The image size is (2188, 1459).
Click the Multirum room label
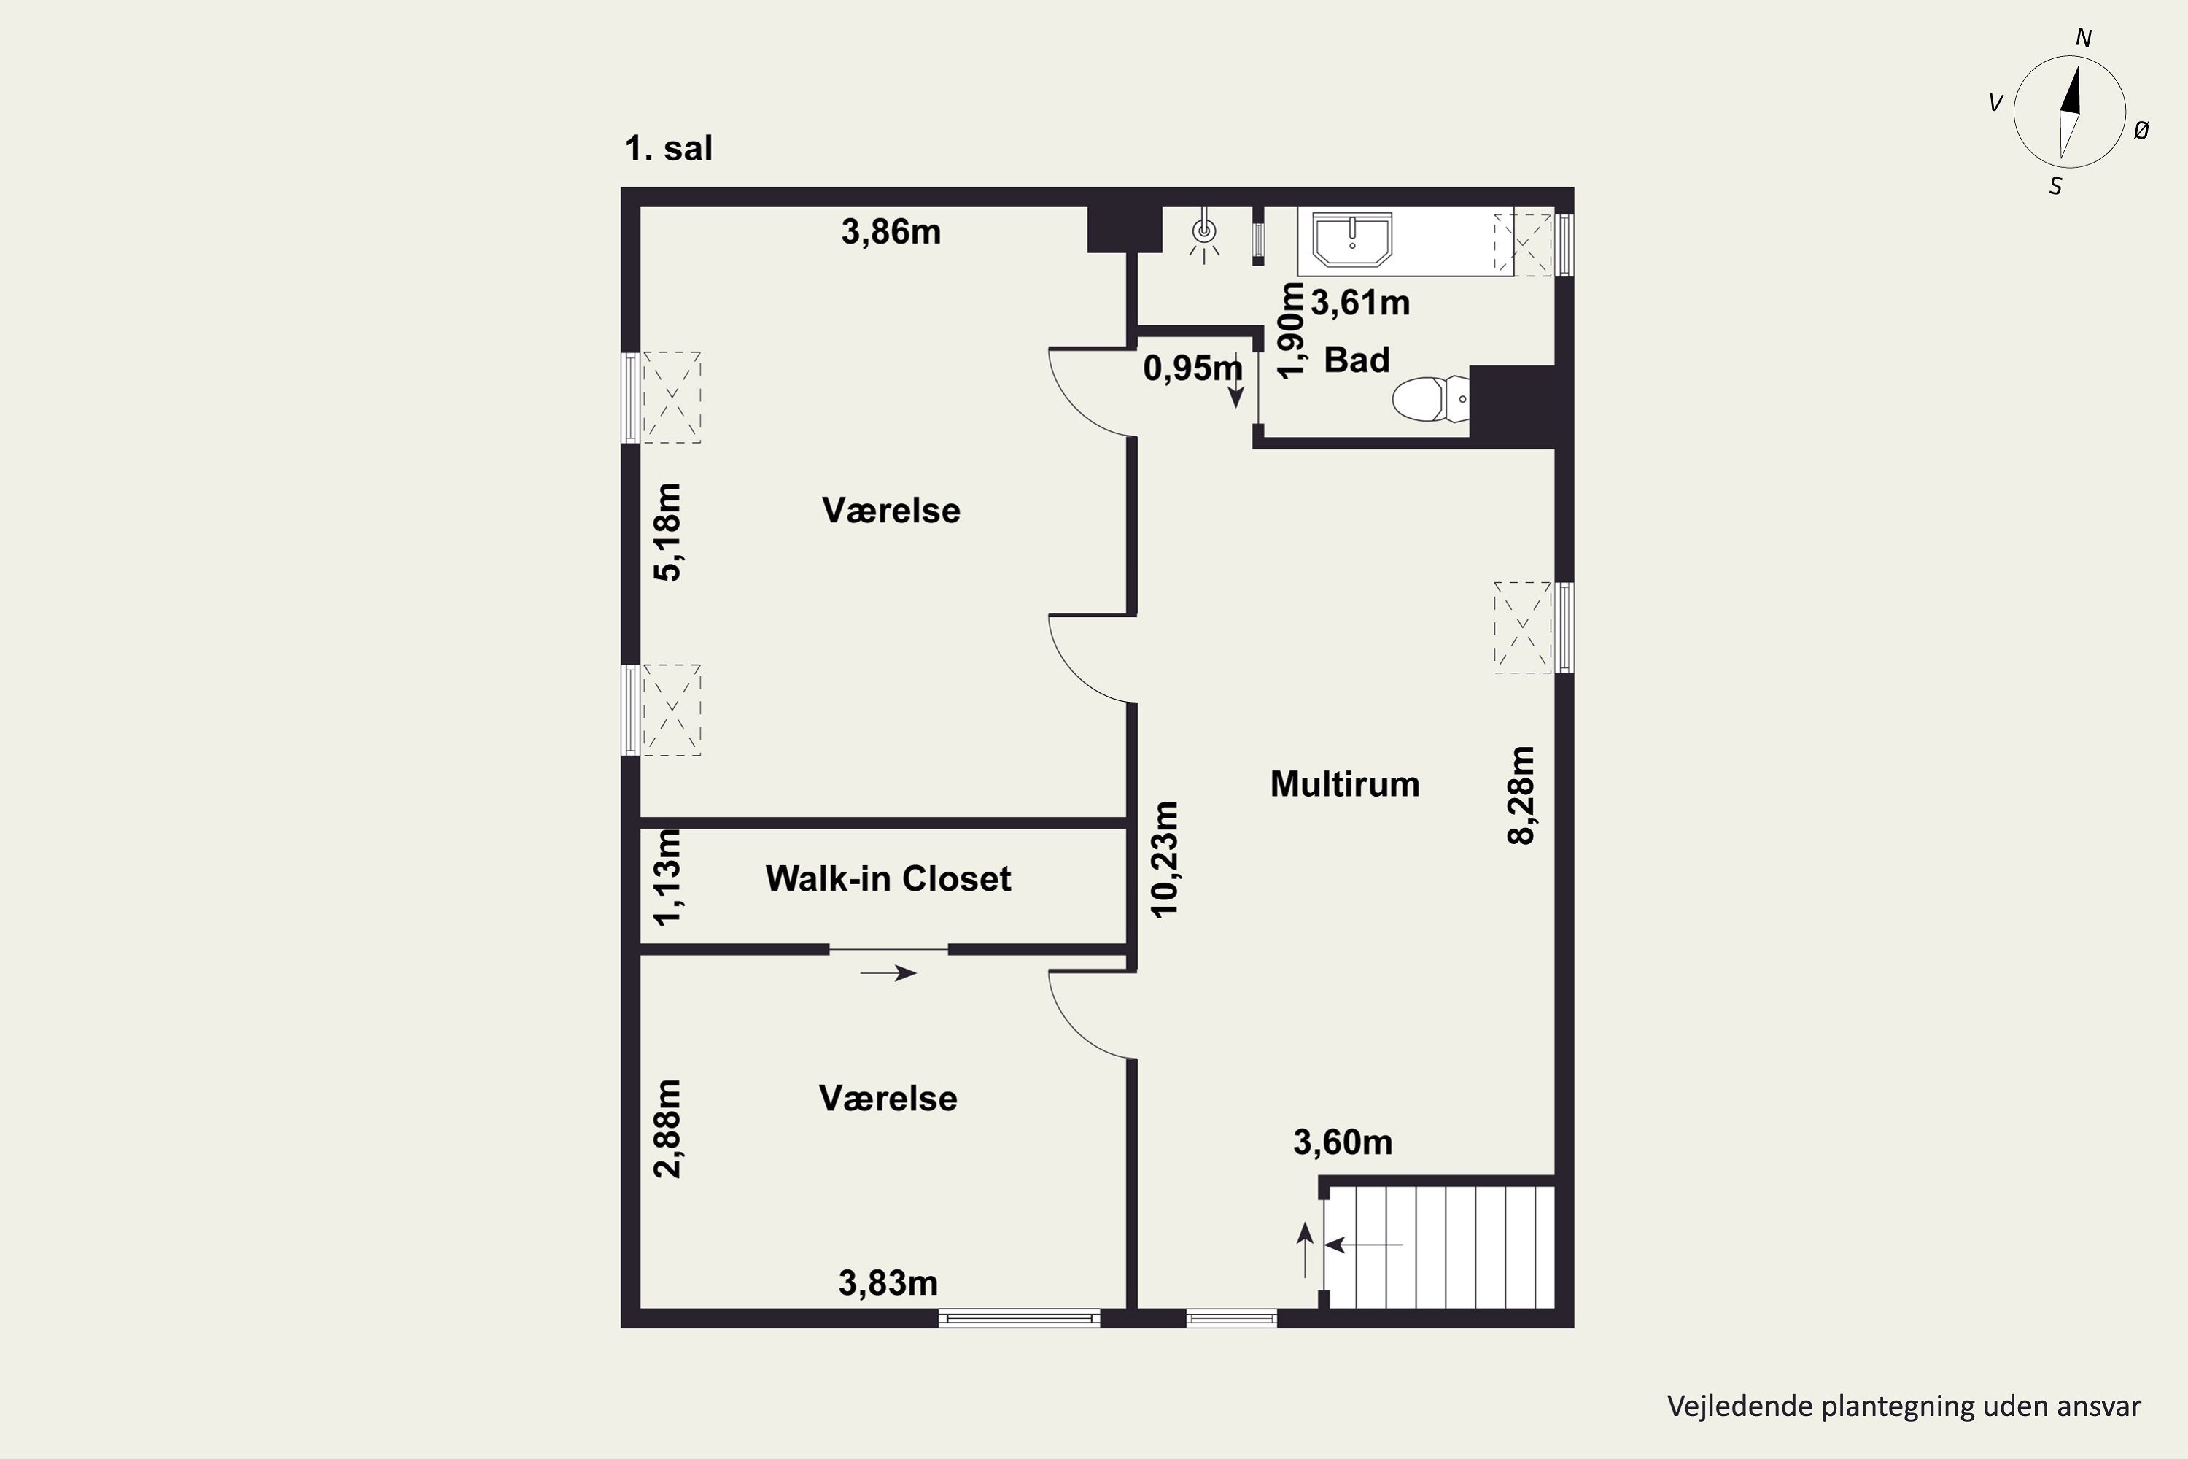(x=1344, y=784)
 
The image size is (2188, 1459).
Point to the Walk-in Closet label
(x=888, y=878)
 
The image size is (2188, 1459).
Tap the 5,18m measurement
(x=668, y=533)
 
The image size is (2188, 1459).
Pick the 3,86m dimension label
(x=891, y=232)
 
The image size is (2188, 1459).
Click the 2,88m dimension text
(x=668, y=1129)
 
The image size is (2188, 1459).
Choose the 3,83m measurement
(x=888, y=1284)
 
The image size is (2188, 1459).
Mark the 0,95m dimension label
(x=1192, y=369)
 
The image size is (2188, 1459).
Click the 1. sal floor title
(x=669, y=149)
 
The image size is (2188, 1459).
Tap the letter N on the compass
(x=2083, y=38)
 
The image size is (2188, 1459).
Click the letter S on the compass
(x=2056, y=187)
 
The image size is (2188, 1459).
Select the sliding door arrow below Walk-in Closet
(x=888, y=973)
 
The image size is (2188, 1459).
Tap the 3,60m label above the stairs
(x=1343, y=1142)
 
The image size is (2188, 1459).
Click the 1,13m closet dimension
(x=668, y=878)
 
